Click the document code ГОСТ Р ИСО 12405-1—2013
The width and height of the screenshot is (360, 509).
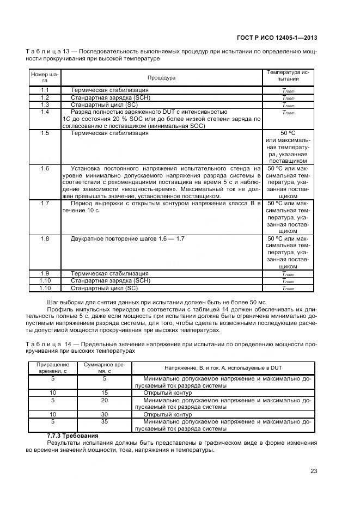coord(277,38)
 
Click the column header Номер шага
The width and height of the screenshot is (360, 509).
coord(45,77)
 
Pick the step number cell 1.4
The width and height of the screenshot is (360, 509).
coord(45,112)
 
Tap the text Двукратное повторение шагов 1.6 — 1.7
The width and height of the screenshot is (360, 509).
coord(128,238)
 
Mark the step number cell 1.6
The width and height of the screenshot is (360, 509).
coord(45,168)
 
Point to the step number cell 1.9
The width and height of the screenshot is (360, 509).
coord(45,273)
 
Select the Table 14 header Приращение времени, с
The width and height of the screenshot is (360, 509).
coord(53,367)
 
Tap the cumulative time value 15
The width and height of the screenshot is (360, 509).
coord(104,392)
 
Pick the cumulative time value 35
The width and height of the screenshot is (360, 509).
coord(104,421)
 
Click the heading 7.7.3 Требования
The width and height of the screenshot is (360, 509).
coord(72,436)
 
